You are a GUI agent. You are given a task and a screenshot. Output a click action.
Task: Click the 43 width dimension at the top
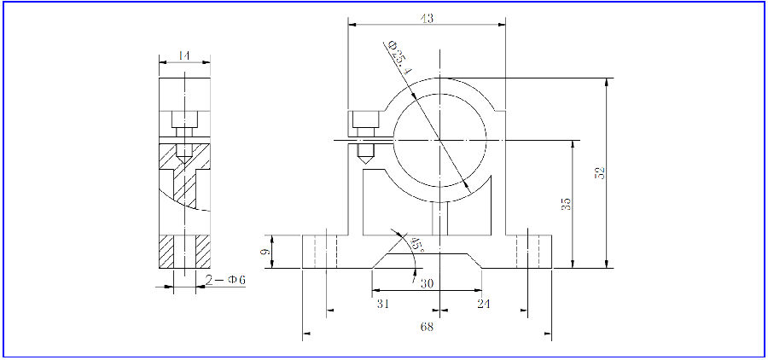pyautogui.click(x=428, y=18)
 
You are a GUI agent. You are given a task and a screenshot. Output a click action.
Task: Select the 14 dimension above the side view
pyautogui.click(x=182, y=55)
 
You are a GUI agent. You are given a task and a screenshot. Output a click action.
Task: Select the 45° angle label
pyautogui.click(x=416, y=245)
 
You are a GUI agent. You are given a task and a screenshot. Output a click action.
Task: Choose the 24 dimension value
pyautogui.click(x=484, y=303)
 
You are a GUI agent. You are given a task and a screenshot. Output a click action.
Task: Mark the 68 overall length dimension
pyautogui.click(x=428, y=327)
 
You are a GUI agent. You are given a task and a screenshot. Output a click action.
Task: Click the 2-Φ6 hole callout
pyautogui.click(x=225, y=280)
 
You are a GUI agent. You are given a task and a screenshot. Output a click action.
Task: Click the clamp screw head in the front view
pyautogui.click(x=364, y=119)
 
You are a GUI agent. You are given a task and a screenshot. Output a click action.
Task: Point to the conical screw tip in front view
pyautogui.click(x=364, y=156)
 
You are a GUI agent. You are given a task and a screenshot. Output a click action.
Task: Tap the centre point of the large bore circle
pyautogui.click(x=439, y=139)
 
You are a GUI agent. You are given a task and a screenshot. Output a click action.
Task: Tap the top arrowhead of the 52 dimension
pyautogui.click(x=607, y=83)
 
